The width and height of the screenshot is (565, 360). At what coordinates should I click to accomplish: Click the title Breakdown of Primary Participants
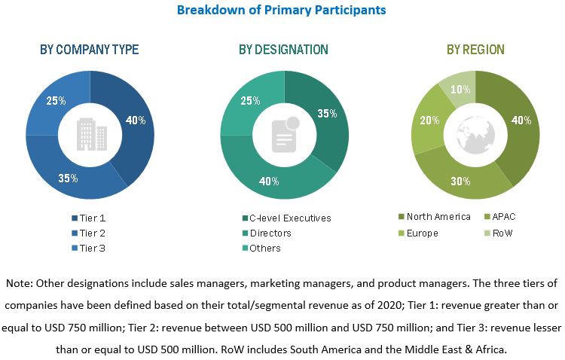pos(281,11)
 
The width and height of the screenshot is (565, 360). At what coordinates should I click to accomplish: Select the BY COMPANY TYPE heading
pos(89,50)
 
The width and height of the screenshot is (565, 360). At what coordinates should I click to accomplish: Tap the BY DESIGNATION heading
pos(283,50)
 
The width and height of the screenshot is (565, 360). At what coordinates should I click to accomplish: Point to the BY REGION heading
pos(475,50)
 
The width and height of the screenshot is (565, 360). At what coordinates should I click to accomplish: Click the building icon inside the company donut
pos(90,134)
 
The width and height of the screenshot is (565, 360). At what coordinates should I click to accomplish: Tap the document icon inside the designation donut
pos(284,134)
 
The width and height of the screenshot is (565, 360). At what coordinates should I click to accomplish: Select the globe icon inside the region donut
pos(475,134)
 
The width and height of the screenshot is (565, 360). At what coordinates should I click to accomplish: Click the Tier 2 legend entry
pos(92,233)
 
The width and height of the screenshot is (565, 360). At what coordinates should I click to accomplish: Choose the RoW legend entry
pos(502,233)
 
